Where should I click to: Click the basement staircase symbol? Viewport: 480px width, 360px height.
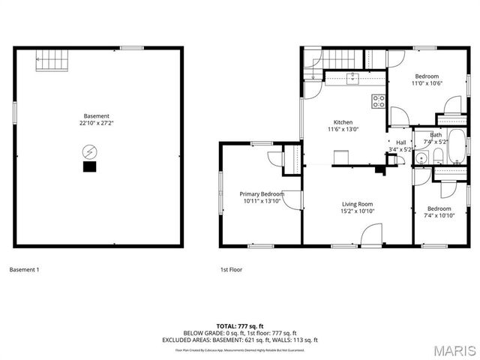pos(51,60)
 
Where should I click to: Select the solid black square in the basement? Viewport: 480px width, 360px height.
pos(89,167)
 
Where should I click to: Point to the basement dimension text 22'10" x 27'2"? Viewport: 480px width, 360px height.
pos(97,123)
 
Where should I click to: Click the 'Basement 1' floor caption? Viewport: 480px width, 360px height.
pos(24,269)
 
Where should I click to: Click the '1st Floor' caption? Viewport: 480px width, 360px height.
pos(231,269)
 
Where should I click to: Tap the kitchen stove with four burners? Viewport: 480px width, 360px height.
pos(379,101)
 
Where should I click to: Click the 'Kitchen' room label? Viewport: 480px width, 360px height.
pos(343,122)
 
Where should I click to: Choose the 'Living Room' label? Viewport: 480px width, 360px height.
pos(358,204)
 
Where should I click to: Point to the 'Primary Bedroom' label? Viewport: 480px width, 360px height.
pos(262,194)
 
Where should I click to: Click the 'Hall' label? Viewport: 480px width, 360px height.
pos(400,142)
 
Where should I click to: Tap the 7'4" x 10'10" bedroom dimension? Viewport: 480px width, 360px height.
pos(439,215)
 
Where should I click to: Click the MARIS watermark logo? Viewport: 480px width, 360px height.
pos(453,349)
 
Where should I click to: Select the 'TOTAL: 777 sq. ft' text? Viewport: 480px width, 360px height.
pos(239,326)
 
